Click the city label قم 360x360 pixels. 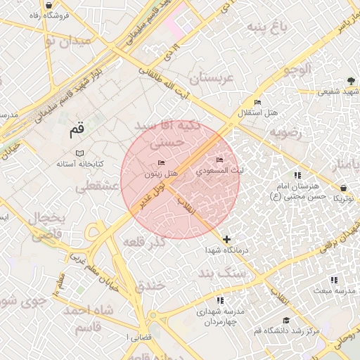[x=77, y=130]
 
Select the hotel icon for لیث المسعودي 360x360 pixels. [x=219, y=161]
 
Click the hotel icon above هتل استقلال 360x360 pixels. [x=257, y=103]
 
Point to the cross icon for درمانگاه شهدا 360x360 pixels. [x=226, y=239]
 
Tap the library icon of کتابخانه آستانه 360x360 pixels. [x=79, y=153]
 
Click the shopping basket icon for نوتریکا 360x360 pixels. [x=342, y=188]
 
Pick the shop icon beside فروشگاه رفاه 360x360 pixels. [x=48, y=5]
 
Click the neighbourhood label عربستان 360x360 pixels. [x=206, y=78]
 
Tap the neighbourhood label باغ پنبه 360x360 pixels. [x=266, y=27]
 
